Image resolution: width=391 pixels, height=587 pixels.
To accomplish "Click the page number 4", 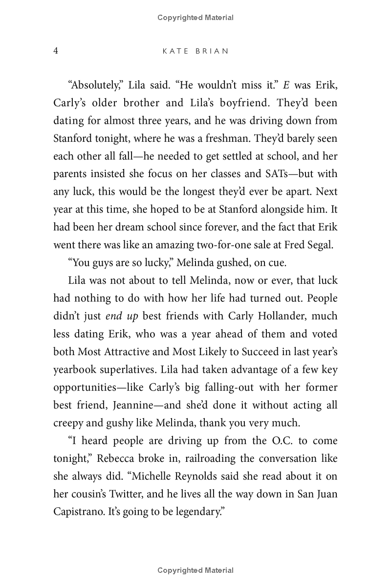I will coord(56,51).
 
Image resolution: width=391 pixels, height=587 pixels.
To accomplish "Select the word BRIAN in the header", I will coord(211,51).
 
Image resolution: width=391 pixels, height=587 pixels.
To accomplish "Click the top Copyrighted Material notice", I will coord(195,18).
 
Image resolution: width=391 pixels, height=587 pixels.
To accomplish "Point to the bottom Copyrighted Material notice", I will coord(195,570).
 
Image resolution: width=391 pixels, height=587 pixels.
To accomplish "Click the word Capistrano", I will coord(75,512).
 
